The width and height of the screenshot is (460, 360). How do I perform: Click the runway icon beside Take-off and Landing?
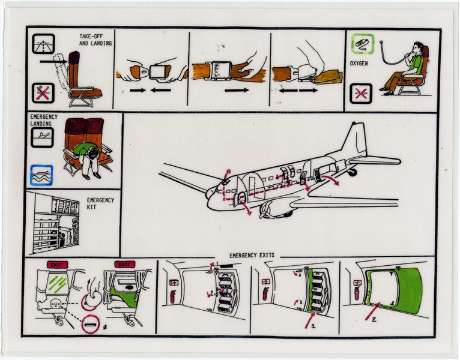tap(44, 43)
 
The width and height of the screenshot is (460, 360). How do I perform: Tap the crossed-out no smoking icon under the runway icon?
tap(44, 92)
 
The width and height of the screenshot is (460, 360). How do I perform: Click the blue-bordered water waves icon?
tap(41, 174)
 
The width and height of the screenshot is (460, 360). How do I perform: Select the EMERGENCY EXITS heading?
tap(252, 255)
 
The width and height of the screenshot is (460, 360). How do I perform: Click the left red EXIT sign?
tap(55, 265)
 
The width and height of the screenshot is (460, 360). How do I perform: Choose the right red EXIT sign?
tap(124, 265)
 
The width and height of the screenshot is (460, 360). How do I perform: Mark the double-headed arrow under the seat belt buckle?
tap(300, 90)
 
